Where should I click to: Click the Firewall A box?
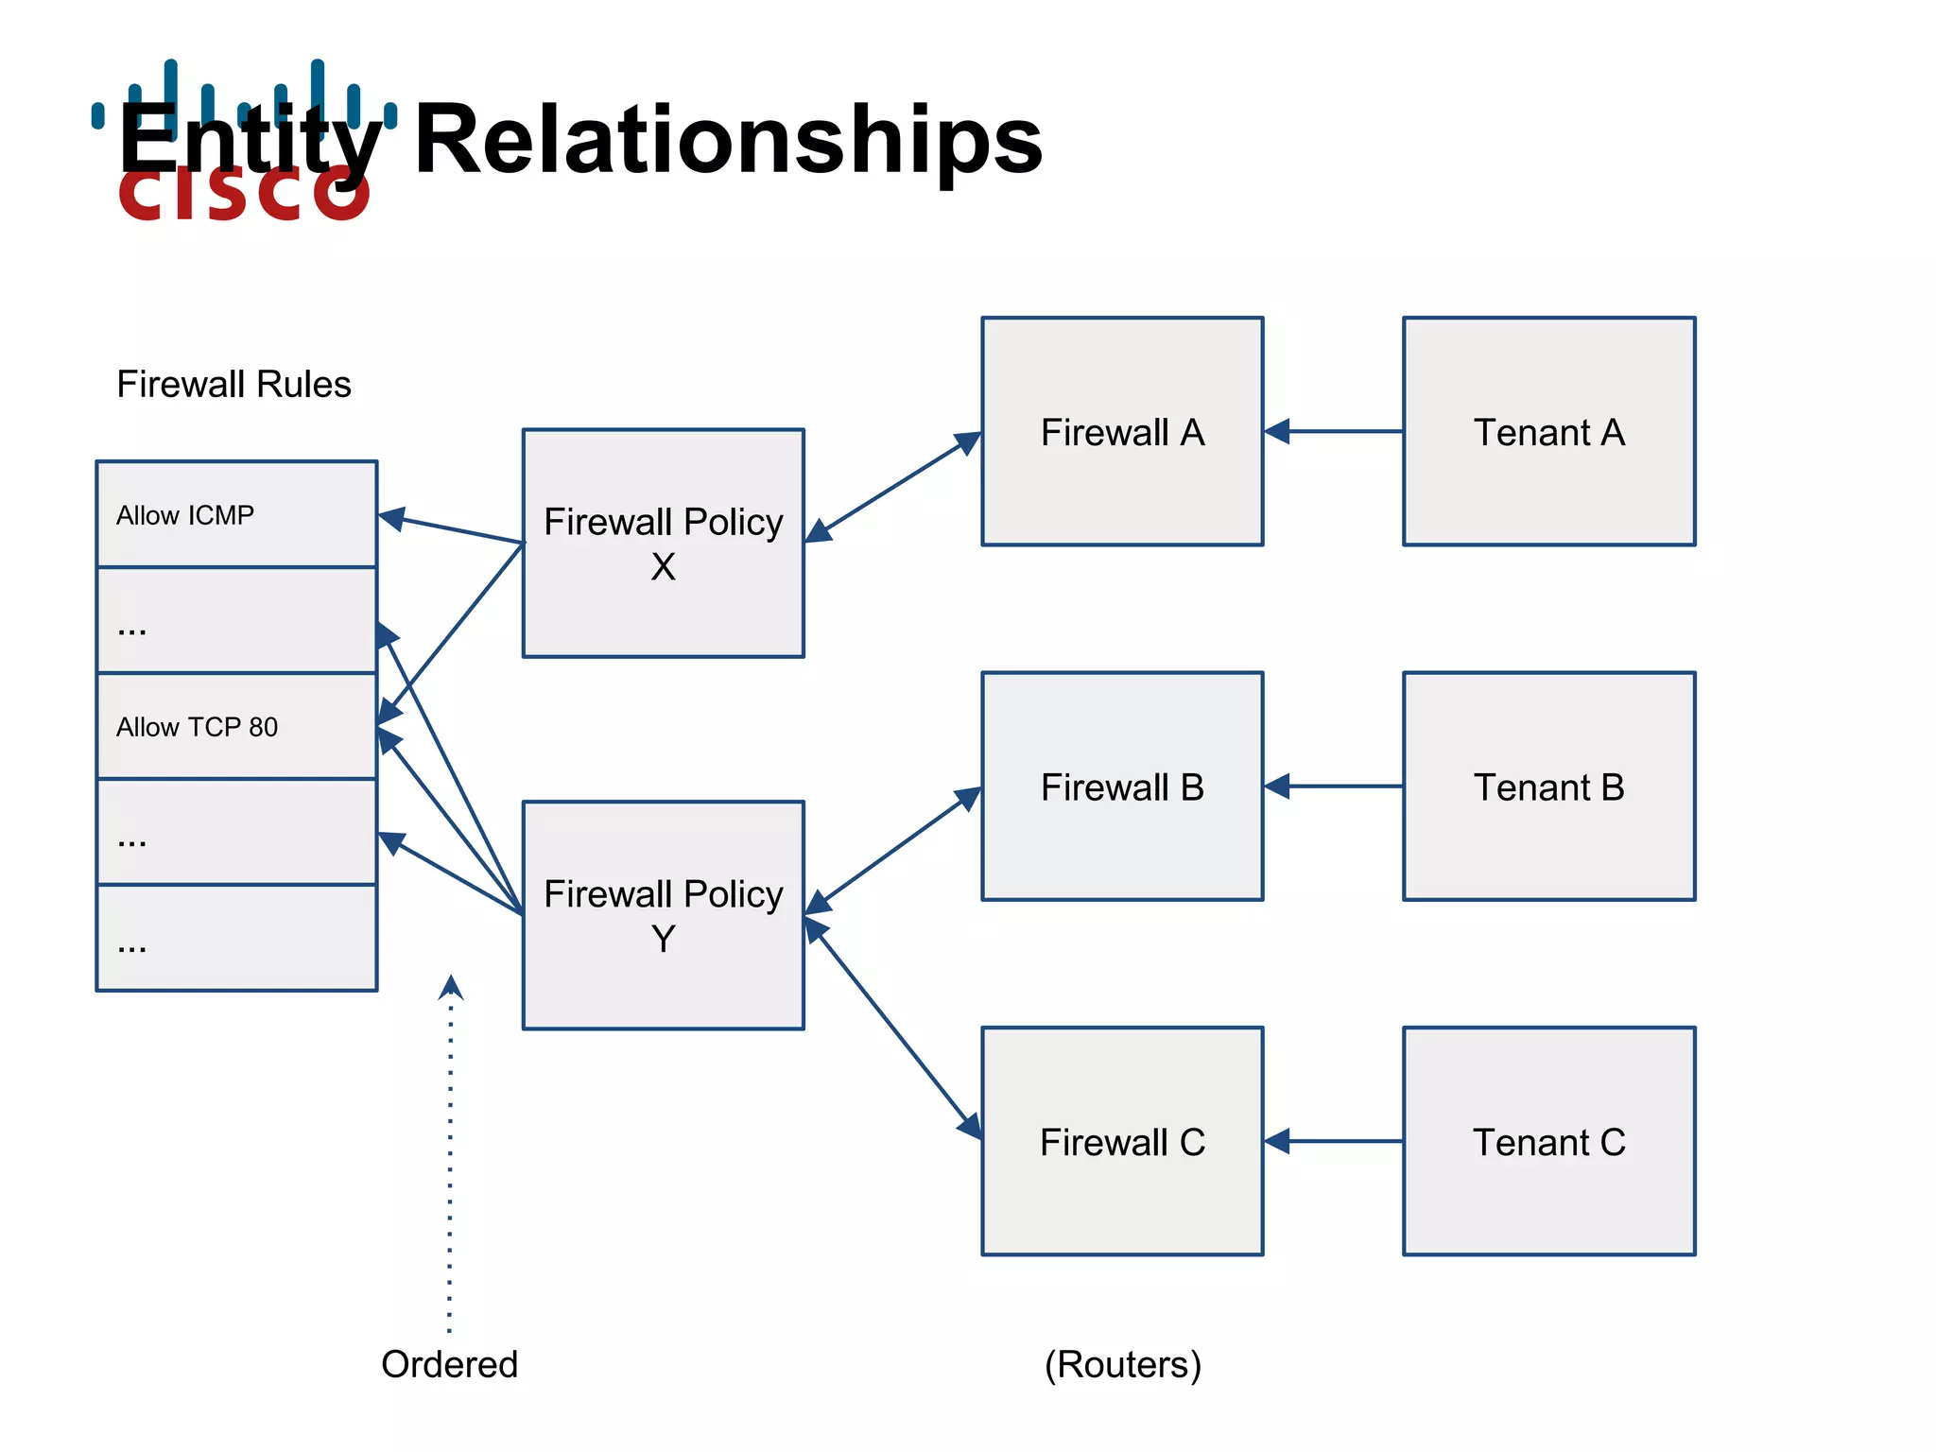pos(1122,431)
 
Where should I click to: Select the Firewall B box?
pos(1122,786)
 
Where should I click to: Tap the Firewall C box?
pos(1122,1141)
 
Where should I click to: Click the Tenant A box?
pos(1548,431)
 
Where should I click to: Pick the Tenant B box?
pos(1548,786)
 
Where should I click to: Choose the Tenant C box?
pos(1548,1141)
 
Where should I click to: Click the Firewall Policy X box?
pos(663,544)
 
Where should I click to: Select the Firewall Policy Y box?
pos(663,915)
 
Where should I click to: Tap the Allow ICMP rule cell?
pos(236,514)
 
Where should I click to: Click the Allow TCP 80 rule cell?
pos(236,726)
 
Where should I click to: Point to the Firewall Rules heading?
pos(233,384)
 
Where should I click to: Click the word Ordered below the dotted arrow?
pos(449,1364)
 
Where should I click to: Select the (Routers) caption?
pos(1122,1364)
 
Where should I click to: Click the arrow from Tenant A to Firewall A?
pos(1333,431)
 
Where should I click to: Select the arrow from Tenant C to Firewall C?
pos(1333,1141)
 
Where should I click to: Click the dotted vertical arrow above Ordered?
pos(450,1153)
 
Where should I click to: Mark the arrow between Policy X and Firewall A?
pos(893,487)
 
